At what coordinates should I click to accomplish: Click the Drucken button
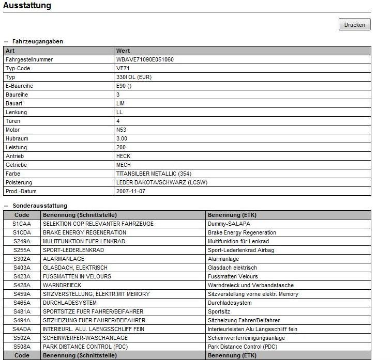pos(354,25)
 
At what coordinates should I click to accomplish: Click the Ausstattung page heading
pos(27,6)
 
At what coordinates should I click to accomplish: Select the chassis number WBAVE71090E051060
pos(145,59)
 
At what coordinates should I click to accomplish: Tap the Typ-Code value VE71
pos(123,68)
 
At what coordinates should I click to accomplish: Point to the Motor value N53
pos(122,130)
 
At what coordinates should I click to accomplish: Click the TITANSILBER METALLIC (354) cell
pos(154,174)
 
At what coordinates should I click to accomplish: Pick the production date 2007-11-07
pos(131,191)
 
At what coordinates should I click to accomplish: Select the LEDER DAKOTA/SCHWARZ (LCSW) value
pos(162,182)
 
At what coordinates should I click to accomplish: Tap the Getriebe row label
pos(16,165)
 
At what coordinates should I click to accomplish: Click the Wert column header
pos(123,51)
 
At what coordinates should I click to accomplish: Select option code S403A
pos(22,268)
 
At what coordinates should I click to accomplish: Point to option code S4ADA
pos(22,329)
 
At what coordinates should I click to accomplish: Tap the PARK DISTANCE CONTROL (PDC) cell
pos(85,347)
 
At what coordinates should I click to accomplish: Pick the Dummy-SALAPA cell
pos(229,224)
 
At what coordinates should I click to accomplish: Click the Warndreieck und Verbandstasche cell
pos(250,285)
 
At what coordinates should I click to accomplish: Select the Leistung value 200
pos(121,147)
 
